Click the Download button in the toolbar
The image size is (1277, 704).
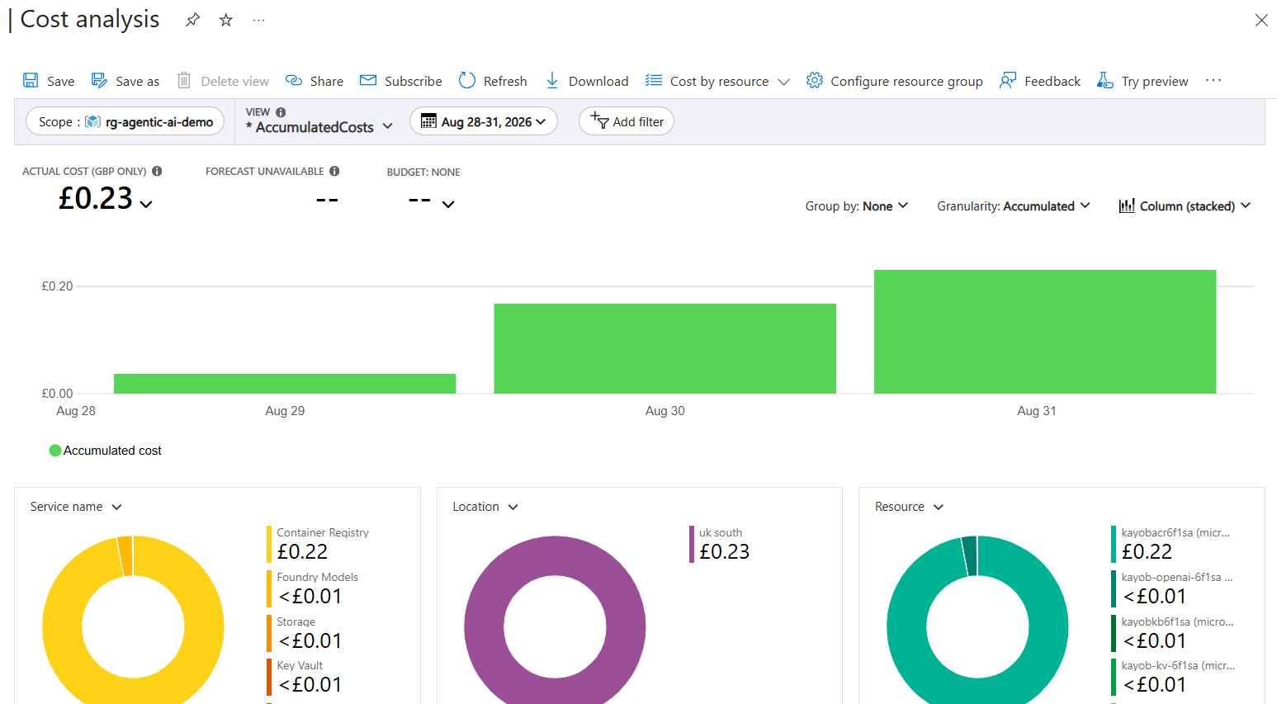[587, 81]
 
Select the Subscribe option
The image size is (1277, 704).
[401, 81]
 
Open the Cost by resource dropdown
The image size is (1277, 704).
[717, 81]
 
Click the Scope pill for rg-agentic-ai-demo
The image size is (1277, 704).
[125, 121]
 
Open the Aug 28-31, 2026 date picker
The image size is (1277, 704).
[484, 121]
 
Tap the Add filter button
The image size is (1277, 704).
[626, 121]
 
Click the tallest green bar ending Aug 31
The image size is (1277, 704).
[1044, 332]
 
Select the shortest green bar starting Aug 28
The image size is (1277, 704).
[285, 384]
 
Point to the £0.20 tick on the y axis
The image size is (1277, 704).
[57, 286]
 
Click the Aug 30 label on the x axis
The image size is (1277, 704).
[665, 411]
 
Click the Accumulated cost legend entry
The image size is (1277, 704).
[106, 451]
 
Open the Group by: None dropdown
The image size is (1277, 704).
[856, 206]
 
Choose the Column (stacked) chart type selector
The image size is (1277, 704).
[1185, 206]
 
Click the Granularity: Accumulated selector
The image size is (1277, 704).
[1013, 206]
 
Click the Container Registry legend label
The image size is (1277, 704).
[323, 532]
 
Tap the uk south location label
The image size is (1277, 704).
[721, 532]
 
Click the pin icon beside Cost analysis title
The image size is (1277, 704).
[192, 20]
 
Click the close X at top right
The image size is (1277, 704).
[1261, 21]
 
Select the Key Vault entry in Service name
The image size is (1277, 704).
[300, 665]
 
